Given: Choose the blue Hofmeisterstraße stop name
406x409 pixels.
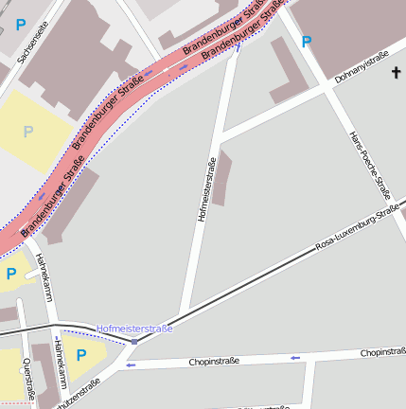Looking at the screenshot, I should point(134,329).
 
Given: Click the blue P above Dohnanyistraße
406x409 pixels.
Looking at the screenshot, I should point(306,42).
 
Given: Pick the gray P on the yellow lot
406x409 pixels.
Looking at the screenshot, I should point(28,132).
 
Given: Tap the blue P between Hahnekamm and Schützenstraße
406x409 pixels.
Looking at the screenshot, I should point(81,354).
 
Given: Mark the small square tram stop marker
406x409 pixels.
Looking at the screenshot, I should point(134,341).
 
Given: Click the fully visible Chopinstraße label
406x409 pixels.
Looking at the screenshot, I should point(214,361).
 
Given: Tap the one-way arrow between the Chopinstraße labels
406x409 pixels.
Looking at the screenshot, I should point(295,357).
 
